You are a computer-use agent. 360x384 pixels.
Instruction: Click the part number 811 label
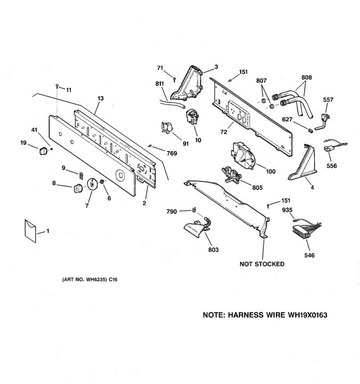click(159, 84)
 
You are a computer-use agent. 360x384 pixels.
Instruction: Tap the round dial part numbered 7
click(92, 185)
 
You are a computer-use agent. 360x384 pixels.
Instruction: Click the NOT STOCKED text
click(262, 264)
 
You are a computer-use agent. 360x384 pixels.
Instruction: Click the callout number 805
click(257, 188)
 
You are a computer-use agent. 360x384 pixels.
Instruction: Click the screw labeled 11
click(57, 86)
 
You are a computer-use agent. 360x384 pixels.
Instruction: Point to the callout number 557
click(328, 100)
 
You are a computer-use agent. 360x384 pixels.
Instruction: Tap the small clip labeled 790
click(194, 210)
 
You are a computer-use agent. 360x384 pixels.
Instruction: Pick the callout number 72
click(223, 132)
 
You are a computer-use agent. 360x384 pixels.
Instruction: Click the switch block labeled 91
click(167, 129)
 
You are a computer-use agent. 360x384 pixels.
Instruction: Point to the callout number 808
click(306, 77)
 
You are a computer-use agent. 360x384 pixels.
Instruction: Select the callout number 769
click(172, 153)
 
